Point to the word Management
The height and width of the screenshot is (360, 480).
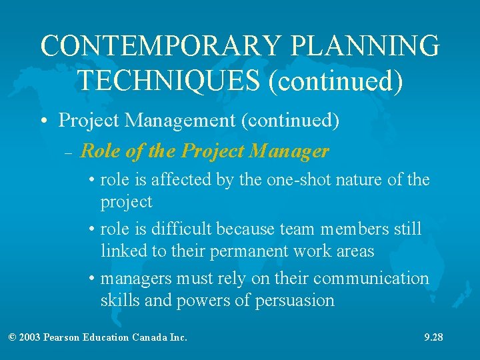click(180, 121)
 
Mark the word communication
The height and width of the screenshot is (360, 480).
click(371, 278)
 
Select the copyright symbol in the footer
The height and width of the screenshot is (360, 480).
click(13, 337)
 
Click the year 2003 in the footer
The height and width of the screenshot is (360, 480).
click(30, 337)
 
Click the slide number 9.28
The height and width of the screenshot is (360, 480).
click(433, 337)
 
